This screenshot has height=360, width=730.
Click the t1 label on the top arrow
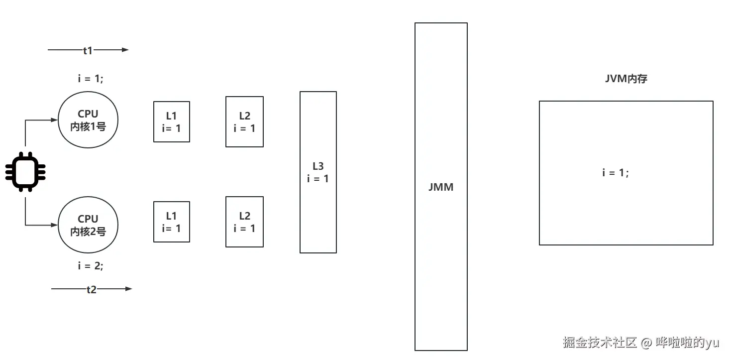pos(88,50)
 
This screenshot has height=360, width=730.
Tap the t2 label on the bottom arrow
pos(91,289)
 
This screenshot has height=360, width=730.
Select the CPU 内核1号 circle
pos(88,120)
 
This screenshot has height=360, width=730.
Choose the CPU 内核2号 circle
pos(88,225)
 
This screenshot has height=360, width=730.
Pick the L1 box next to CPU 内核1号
pos(172,121)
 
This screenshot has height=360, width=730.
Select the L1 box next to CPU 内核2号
pos(172,222)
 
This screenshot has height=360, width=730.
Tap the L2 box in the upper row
pos(244,121)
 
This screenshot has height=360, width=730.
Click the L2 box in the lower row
pos(244,222)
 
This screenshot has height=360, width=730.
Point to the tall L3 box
pos(318,172)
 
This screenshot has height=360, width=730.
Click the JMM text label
pos(441,188)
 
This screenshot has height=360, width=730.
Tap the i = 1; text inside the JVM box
pos(616,173)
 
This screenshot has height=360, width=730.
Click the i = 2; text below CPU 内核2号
pos(91,266)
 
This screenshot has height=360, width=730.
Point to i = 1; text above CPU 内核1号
pos(91,79)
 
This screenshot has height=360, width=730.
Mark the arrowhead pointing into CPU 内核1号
pos(54,120)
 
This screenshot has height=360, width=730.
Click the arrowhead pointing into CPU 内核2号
pos(54,225)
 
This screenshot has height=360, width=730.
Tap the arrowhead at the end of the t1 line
pos(125,50)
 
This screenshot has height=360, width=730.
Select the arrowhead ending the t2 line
pos(129,289)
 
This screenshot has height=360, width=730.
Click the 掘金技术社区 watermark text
pos(600,343)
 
